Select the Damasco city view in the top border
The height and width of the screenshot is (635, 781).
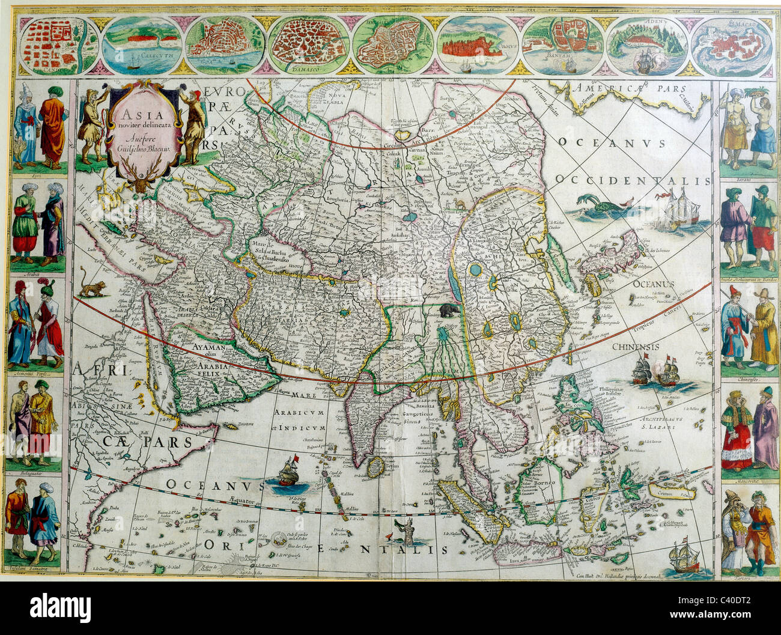[309, 45]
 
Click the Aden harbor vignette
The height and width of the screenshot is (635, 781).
[646, 45]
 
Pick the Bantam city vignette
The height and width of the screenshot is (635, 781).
[562, 45]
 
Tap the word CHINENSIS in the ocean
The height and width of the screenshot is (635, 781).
[636, 347]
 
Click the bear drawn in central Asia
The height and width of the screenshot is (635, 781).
[449, 311]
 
